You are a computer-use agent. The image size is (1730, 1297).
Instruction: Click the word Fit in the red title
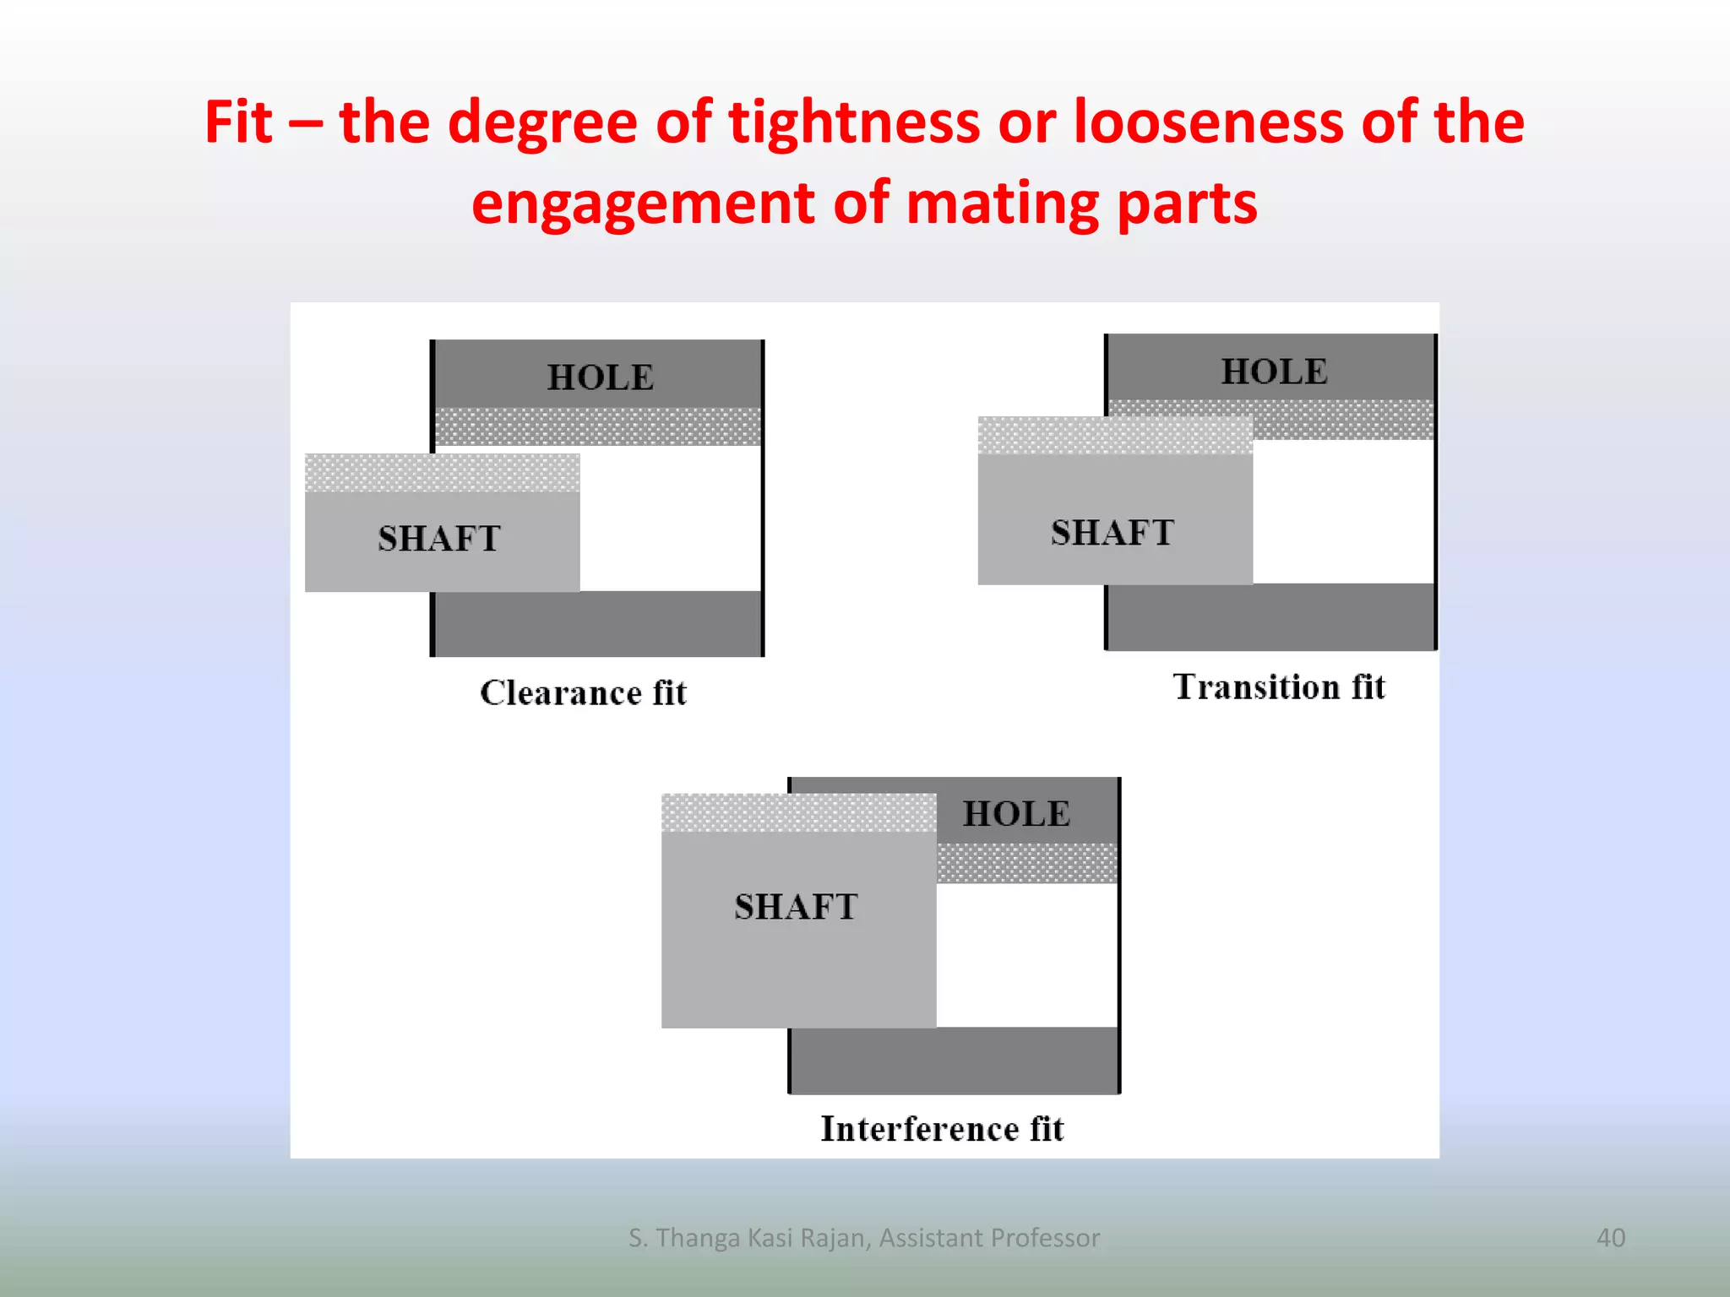[x=238, y=122]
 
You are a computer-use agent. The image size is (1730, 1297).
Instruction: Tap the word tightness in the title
[x=854, y=122]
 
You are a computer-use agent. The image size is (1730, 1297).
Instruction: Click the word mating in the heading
[x=1002, y=204]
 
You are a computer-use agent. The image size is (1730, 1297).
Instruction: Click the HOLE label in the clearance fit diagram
[x=601, y=377]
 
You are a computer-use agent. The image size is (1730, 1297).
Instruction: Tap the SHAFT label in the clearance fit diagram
[x=439, y=539]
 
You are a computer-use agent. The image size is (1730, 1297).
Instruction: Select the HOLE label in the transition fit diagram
[x=1275, y=372]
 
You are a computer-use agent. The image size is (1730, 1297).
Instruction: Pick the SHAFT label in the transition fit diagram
[x=1113, y=533]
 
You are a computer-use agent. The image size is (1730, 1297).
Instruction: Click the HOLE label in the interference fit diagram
[x=1017, y=814]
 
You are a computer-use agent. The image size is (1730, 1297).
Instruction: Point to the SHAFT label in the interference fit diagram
[x=796, y=907]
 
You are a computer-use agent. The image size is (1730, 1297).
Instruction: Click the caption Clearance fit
[x=584, y=693]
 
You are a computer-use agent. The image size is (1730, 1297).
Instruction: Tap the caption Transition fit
[x=1279, y=687]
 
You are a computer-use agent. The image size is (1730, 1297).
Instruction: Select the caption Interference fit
[x=942, y=1129]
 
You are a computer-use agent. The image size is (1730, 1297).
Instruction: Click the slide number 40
[x=1610, y=1238]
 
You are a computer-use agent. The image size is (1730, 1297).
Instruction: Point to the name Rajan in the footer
[x=833, y=1238]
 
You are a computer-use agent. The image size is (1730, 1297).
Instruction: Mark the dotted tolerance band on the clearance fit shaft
[x=442, y=473]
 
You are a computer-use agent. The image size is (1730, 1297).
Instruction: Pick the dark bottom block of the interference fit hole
[x=955, y=1061]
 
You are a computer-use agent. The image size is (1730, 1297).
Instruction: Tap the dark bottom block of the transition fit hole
[x=1270, y=616]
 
